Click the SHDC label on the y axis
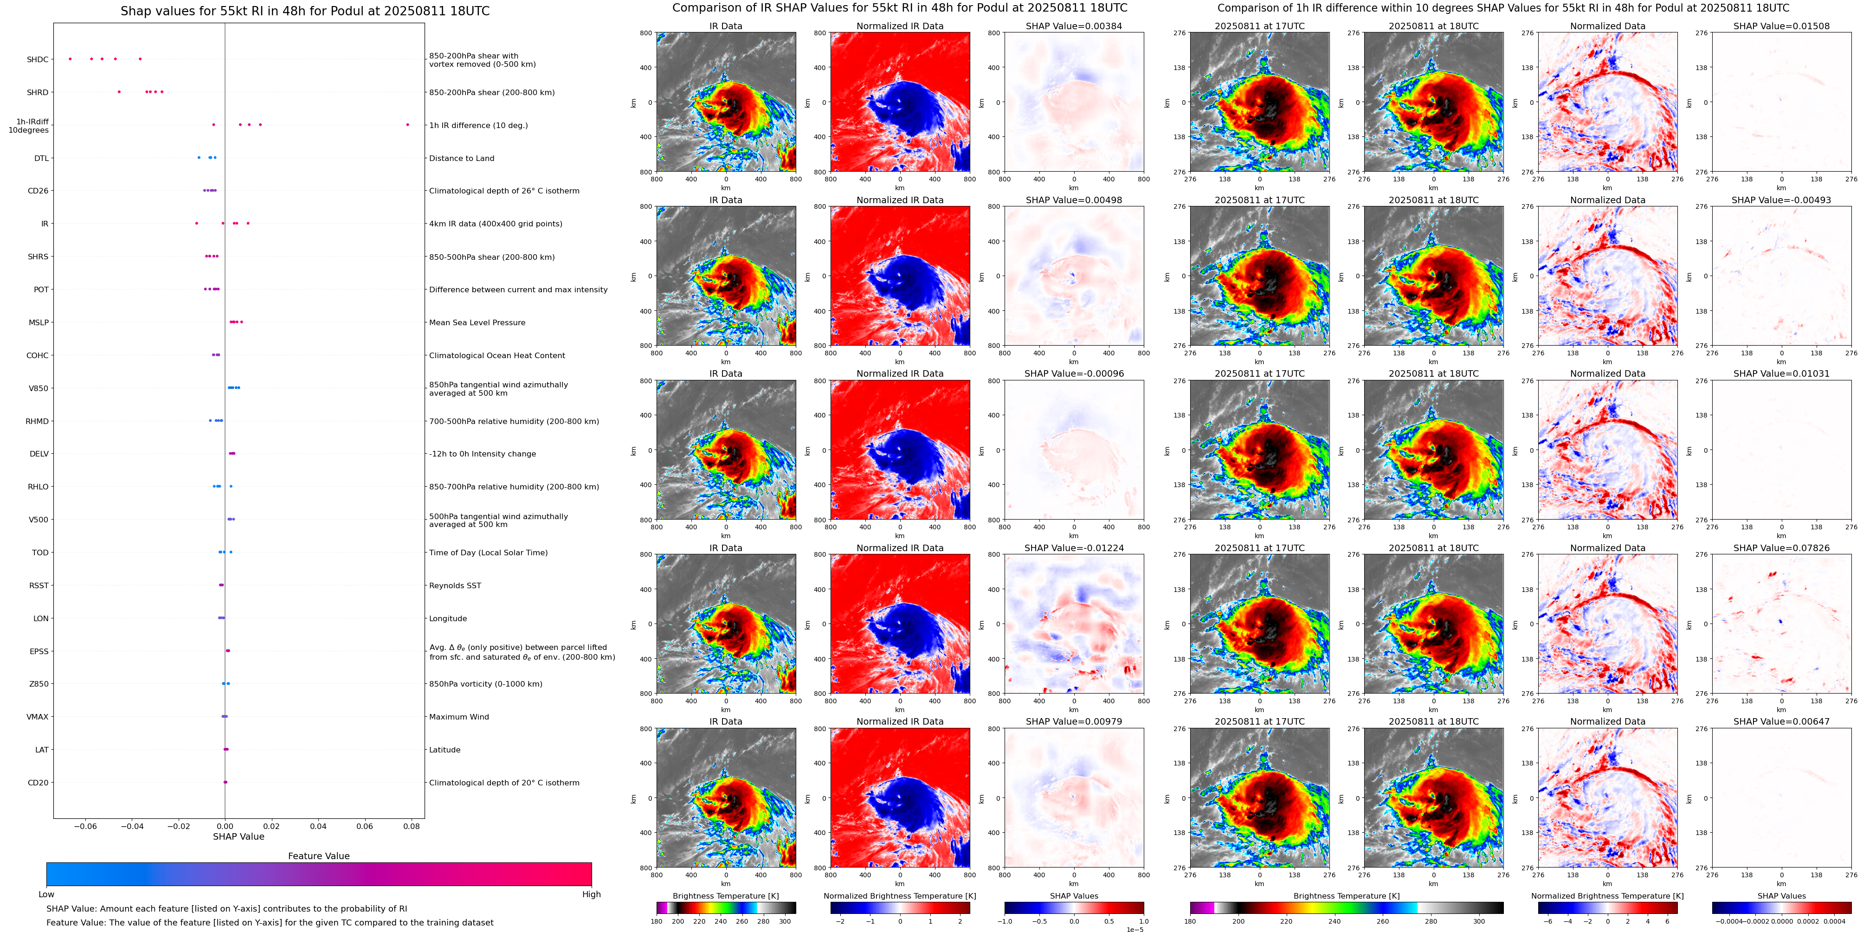38,59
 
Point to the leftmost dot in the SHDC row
70,58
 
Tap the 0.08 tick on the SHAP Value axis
411,826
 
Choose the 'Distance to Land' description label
461,158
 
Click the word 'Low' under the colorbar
46,894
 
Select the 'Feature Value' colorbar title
318,856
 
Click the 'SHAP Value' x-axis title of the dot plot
238,836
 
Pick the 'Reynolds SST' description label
454,585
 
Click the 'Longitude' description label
448,618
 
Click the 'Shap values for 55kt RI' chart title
304,11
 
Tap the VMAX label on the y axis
38,717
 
